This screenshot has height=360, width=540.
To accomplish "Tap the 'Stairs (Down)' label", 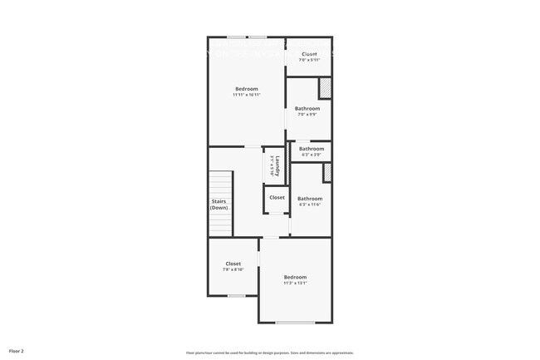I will tap(218, 205).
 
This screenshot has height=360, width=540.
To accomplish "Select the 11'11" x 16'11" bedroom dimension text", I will tap(247, 95).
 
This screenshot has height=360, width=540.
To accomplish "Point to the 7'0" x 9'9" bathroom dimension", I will tap(307, 115).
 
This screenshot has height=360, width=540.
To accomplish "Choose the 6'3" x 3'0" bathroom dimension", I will tap(311, 155).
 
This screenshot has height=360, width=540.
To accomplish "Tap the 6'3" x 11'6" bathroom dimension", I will tap(310, 205).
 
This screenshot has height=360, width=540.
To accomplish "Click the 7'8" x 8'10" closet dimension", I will tap(233, 269).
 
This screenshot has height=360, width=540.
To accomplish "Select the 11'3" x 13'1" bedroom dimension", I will tap(295, 283).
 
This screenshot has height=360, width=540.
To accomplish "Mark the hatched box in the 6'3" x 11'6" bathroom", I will tap(327, 172).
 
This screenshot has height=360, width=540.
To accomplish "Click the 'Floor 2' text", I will tap(17, 352).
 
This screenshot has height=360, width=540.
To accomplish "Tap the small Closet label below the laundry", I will tap(277, 198).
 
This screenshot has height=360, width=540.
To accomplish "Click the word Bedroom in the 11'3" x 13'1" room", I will tap(295, 277).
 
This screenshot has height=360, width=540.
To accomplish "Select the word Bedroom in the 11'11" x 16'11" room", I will tap(247, 89).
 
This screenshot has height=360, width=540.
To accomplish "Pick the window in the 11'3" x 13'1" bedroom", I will tap(295, 323).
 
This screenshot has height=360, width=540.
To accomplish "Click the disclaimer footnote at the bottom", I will tap(269, 352).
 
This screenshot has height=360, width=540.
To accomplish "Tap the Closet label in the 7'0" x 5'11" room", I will tap(309, 55).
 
